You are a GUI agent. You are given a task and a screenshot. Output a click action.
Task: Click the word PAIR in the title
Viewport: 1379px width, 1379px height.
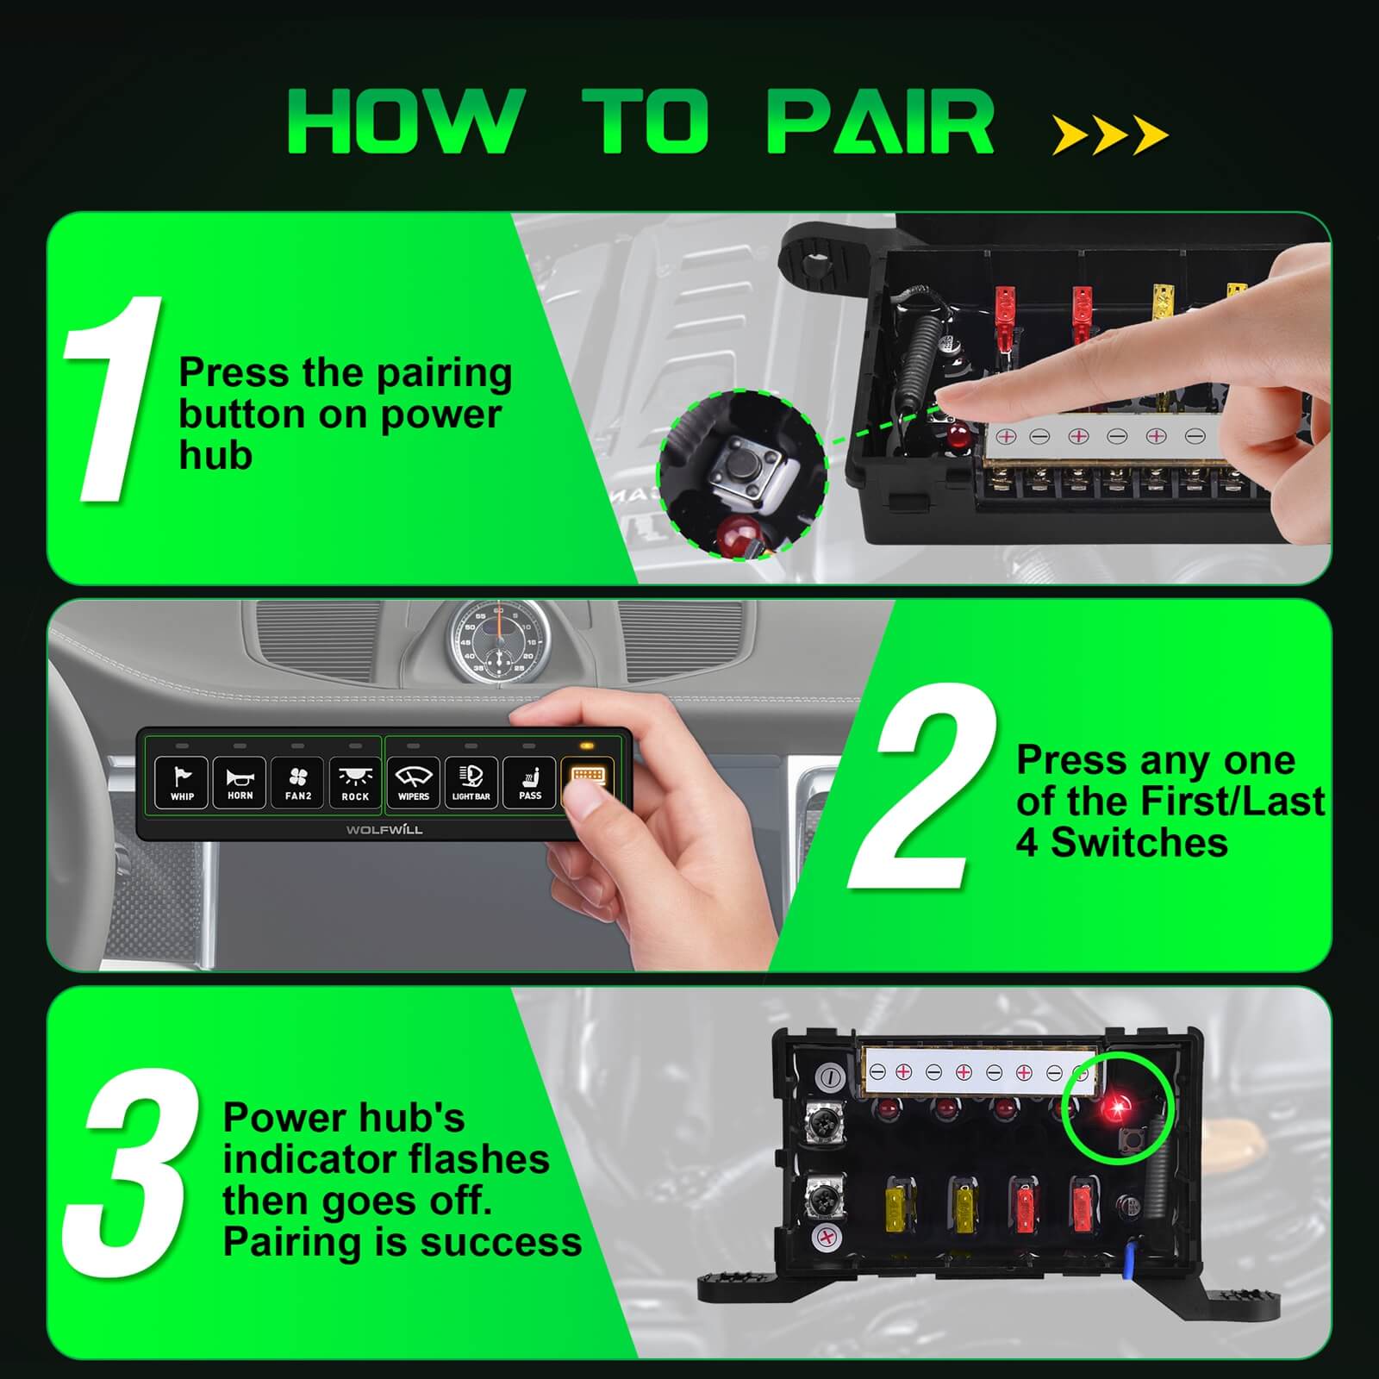click(881, 122)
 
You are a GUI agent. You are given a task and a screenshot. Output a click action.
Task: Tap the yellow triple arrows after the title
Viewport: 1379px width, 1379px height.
click(1109, 135)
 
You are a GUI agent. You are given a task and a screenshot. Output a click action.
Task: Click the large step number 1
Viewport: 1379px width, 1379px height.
click(112, 398)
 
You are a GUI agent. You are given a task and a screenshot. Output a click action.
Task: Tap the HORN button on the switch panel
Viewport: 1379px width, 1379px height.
click(240, 783)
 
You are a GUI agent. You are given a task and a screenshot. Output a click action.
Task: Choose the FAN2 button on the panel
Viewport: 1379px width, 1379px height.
click(297, 783)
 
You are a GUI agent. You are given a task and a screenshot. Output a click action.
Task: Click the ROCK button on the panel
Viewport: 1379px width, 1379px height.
click(355, 783)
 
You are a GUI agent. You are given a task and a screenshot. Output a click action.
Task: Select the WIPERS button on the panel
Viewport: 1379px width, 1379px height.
click(414, 783)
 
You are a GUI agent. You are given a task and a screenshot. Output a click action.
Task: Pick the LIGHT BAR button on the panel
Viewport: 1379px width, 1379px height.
click(471, 783)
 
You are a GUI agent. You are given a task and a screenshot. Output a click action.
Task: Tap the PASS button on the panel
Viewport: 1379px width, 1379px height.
click(530, 783)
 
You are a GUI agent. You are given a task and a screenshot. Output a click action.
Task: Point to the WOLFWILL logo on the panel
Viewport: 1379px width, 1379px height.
click(384, 830)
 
